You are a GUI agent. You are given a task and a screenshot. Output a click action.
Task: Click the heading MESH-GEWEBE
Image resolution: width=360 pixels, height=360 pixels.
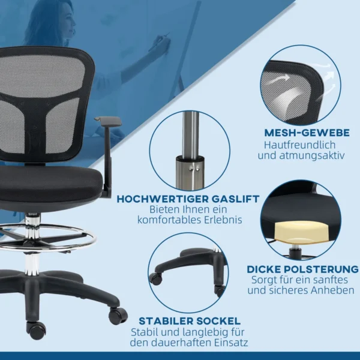click(307, 133)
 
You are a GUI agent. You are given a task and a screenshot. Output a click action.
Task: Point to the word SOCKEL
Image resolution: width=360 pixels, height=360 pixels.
click(218, 321)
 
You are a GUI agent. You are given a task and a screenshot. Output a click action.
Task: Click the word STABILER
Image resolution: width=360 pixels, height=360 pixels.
click(166, 321)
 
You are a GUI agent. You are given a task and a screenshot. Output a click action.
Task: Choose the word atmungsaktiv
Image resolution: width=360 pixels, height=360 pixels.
click(312, 156)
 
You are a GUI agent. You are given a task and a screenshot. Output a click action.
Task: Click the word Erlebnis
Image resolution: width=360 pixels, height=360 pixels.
click(223, 220)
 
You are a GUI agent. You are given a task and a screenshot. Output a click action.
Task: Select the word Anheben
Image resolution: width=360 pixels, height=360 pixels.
click(332, 290)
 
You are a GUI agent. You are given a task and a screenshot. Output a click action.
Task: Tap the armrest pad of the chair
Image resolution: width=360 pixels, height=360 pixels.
click(107, 121)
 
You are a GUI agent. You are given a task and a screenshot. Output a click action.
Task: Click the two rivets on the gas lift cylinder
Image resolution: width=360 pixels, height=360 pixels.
click(194, 169)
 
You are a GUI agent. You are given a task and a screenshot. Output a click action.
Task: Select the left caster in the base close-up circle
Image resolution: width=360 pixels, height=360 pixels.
click(156, 278)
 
